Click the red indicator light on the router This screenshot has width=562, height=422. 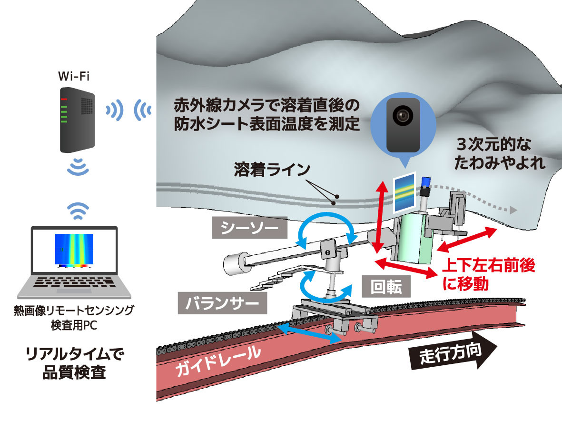click(x=65, y=99)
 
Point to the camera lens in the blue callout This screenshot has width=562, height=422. click(x=402, y=115)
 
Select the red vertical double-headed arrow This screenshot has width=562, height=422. click(x=379, y=217)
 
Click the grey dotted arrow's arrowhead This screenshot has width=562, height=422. click(x=513, y=210)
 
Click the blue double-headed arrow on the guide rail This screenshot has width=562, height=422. click(x=310, y=332)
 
